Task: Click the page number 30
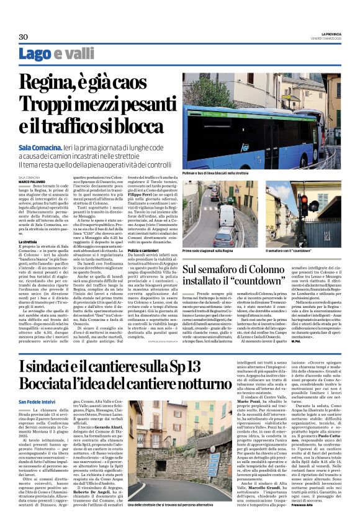pos(24,37)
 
